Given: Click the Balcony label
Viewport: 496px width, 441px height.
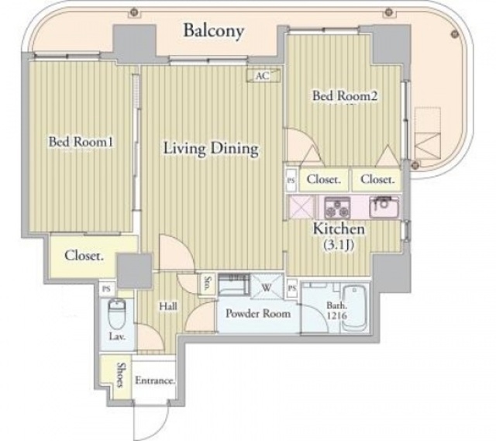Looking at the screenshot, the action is (214, 31).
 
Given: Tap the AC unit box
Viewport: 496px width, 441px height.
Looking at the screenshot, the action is (263, 76).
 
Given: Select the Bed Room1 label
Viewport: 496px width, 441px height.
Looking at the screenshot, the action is (81, 142).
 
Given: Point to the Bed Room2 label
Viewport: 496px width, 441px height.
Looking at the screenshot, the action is (345, 95).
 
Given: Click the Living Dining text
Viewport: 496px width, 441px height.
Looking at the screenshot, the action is (211, 149).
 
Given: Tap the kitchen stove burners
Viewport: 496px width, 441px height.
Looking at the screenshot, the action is (337, 208).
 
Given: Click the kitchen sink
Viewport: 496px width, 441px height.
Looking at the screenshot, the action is (384, 207).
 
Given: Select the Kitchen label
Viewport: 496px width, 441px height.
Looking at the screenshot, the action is (339, 229).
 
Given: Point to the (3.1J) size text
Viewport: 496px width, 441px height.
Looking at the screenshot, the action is (338, 245).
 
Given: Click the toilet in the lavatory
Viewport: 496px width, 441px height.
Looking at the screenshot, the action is (117, 313).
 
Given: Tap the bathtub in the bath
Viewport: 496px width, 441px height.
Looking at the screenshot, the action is (354, 308).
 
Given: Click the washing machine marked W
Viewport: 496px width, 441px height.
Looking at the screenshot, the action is (267, 288).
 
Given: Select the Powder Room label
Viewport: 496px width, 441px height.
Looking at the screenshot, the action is (258, 314).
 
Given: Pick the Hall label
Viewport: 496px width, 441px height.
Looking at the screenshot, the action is (168, 306).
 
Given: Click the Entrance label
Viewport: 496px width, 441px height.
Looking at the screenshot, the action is (155, 381).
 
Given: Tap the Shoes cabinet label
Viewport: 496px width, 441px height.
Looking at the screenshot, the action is (119, 374).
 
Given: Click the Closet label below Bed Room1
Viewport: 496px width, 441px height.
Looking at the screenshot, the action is (84, 255).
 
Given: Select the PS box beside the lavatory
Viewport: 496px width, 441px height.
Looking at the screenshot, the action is (107, 289).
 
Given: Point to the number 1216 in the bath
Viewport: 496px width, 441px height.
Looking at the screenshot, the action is (337, 315).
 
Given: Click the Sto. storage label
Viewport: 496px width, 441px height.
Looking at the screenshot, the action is (208, 283).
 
